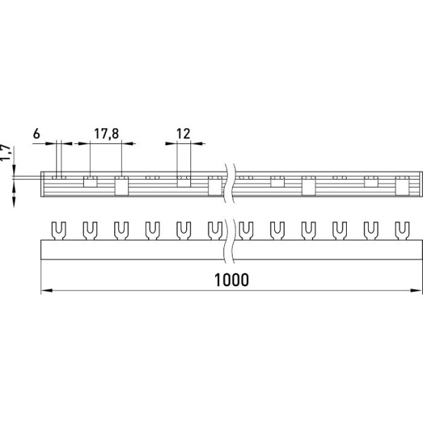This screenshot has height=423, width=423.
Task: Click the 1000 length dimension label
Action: (x=231, y=280)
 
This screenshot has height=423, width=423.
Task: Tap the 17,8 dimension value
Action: (x=106, y=134)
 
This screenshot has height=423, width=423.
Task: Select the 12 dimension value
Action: (x=183, y=134)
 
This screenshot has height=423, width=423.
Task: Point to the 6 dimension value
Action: (x=37, y=134)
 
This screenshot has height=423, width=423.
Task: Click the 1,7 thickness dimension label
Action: (x=6, y=153)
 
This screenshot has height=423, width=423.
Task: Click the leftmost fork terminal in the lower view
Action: (x=59, y=231)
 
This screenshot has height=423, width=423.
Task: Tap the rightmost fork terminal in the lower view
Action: (x=403, y=231)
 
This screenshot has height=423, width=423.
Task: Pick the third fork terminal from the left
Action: (x=121, y=231)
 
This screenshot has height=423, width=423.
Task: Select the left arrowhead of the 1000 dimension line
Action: (x=47, y=290)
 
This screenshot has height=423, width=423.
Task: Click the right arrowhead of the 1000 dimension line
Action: (x=415, y=290)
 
